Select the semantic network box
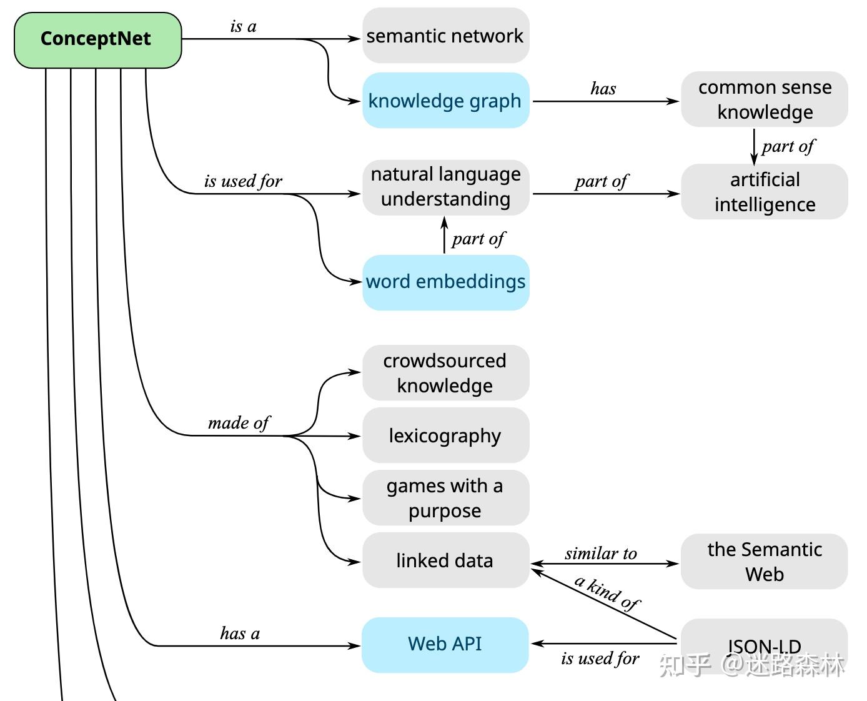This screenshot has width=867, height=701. click(x=445, y=36)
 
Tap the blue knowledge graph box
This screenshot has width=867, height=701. click(x=445, y=101)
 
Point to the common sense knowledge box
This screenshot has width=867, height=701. click(x=765, y=99)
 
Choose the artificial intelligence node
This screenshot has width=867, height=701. click(x=765, y=192)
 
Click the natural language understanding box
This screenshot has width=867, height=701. click(x=445, y=187)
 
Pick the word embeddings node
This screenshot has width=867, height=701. click(x=445, y=282)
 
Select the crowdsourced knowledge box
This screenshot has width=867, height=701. click(x=445, y=373)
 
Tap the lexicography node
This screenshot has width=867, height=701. click(x=445, y=435)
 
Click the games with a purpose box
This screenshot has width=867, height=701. click(x=445, y=498)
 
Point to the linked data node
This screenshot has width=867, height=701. click(x=445, y=560)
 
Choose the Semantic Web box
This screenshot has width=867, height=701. click(x=765, y=561)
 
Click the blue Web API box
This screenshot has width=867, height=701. click(x=445, y=644)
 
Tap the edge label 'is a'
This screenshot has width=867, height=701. click(x=243, y=26)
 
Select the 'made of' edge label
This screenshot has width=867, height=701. click(x=238, y=423)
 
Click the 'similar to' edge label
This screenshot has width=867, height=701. click(x=601, y=554)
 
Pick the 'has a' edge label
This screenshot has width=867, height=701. click(x=240, y=634)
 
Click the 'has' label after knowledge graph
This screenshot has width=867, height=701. click(x=603, y=89)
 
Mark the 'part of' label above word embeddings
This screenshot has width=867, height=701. click(x=478, y=239)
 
